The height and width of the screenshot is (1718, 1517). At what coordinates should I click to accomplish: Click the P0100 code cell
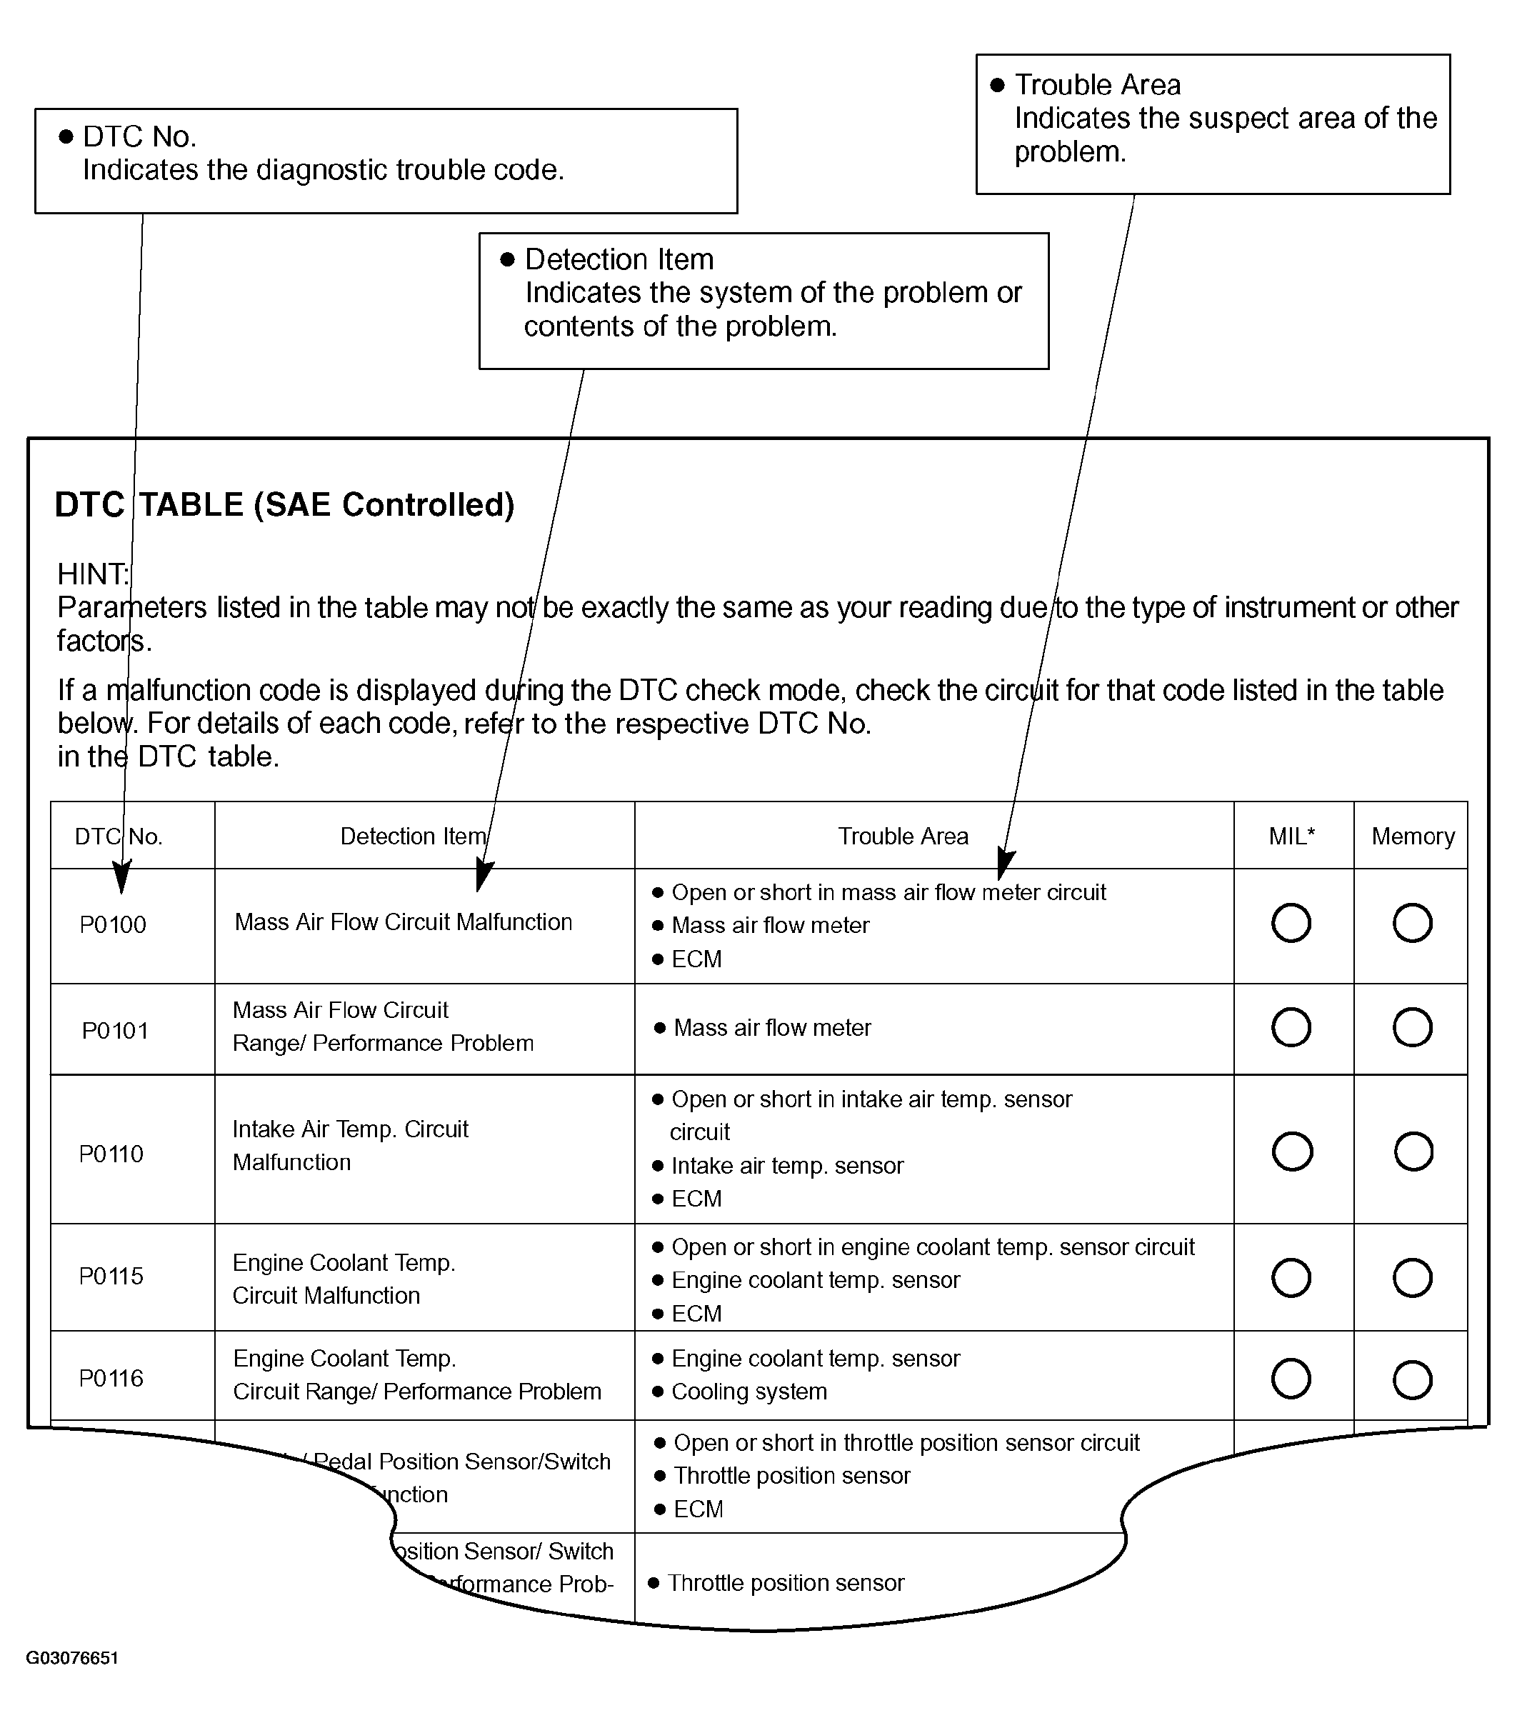click(x=113, y=924)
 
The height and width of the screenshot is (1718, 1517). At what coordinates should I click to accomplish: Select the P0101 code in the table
click(x=114, y=1031)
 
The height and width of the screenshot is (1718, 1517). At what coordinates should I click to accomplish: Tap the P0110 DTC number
click(x=111, y=1153)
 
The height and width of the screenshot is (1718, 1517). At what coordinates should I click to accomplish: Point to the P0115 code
click(x=111, y=1276)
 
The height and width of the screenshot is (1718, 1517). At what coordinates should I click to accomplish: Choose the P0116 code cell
click(x=111, y=1379)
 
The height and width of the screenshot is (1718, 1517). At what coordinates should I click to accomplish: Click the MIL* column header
click(x=1292, y=836)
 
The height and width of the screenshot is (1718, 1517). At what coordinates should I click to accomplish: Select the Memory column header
click(x=1413, y=836)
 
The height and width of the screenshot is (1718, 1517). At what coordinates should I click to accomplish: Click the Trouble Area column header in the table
click(x=903, y=836)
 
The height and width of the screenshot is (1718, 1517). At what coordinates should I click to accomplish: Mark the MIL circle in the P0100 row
click(x=1291, y=923)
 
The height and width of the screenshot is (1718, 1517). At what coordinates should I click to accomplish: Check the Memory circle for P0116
click(x=1412, y=1379)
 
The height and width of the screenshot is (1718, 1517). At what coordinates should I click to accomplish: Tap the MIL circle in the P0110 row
click(x=1292, y=1152)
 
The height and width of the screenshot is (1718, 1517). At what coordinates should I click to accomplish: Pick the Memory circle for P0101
click(x=1412, y=1027)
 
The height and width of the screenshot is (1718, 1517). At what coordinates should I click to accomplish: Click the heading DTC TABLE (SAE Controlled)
click(x=284, y=504)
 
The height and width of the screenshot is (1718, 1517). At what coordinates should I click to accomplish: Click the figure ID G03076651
click(x=71, y=1658)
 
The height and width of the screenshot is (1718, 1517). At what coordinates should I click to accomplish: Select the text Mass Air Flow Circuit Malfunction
click(x=404, y=922)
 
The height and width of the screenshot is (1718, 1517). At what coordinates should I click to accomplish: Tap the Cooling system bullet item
click(x=749, y=1391)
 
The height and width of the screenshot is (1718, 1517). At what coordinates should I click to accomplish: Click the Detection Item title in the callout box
click(x=619, y=259)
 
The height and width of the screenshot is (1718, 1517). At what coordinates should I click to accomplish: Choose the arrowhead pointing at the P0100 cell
click(x=122, y=879)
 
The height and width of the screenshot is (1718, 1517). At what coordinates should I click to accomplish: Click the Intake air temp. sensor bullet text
click(x=786, y=1166)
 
